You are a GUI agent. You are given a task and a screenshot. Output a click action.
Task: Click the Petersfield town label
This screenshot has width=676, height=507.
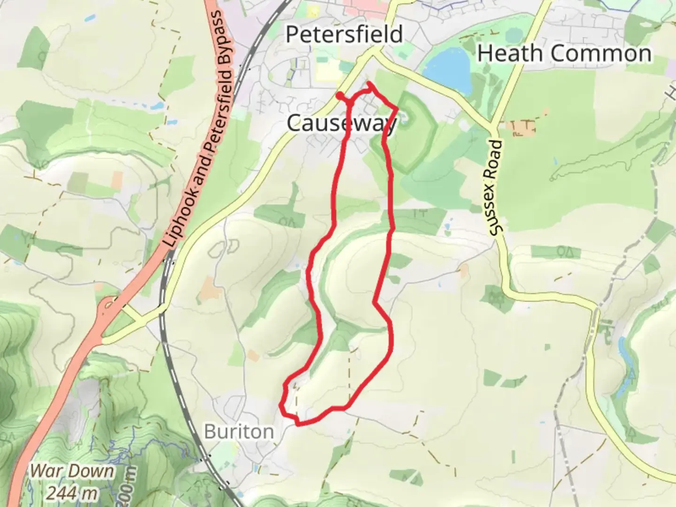[344, 34]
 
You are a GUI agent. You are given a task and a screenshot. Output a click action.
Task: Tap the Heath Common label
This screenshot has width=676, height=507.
[564, 53]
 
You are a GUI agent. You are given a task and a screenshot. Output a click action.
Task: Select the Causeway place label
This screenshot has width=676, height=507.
[342, 123]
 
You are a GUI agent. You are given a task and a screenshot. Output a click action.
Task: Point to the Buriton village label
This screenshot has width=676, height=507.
[239, 431]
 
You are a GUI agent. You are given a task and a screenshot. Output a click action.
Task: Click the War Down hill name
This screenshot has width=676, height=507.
[72, 471]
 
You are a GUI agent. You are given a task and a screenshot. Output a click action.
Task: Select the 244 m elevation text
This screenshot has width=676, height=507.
[72, 493]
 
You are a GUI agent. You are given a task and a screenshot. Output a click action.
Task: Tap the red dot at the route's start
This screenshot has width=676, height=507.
[339, 95]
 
